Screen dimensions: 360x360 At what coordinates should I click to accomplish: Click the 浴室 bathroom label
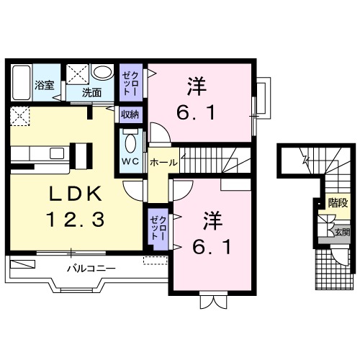(x=44, y=86)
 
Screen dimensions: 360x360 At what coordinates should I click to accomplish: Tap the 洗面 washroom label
(x=91, y=92)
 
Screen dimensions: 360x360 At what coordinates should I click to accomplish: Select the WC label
(x=130, y=160)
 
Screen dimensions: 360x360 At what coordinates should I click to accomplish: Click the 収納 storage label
(x=130, y=113)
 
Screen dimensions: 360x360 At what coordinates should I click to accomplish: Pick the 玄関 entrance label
(x=342, y=232)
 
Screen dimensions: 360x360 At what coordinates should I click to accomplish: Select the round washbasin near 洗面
(x=103, y=73)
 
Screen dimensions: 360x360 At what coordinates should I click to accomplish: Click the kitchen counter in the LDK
(x=47, y=153)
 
